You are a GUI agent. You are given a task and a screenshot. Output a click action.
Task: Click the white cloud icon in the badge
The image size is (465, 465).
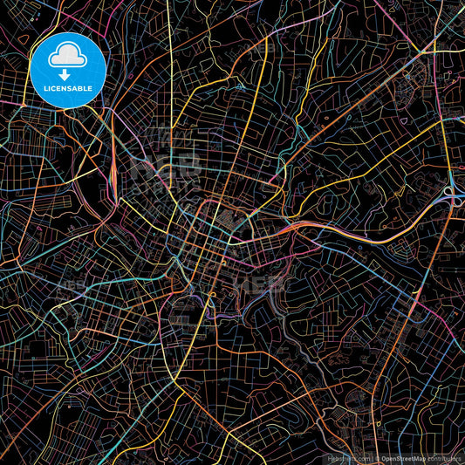tap(67, 57)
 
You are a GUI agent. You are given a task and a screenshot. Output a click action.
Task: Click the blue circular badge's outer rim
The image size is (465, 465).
tap(67, 34)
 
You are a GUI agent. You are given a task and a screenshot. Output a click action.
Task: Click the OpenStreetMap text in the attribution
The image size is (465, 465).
tap(406, 457)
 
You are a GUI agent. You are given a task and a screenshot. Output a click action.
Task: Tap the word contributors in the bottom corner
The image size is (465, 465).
tap(446, 457)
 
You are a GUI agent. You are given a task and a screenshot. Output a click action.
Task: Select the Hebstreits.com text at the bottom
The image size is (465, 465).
tap(348, 457)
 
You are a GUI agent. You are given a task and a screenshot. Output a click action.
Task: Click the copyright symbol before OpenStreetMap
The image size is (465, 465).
tap(377, 457)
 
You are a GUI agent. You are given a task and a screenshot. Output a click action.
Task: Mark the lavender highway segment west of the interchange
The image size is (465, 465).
tap(410, 209)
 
